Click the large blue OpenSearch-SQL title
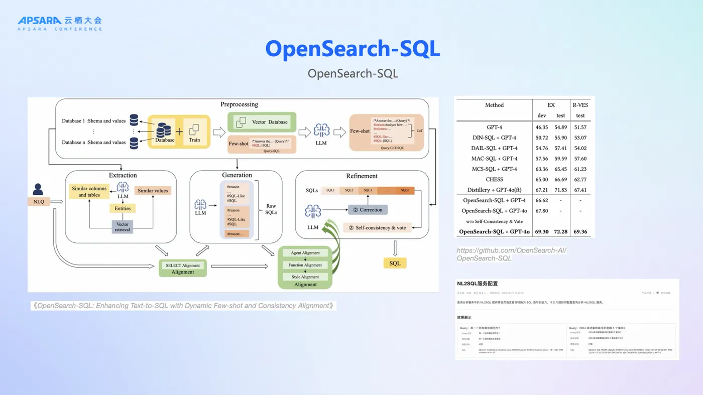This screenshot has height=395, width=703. (x=353, y=49)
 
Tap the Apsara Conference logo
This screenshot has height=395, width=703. (x=60, y=23)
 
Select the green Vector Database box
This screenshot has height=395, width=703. (x=262, y=121)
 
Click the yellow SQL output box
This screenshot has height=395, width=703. (x=395, y=263)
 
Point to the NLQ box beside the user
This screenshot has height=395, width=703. (x=39, y=202)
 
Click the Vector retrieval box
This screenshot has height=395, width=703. (x=123, y=227)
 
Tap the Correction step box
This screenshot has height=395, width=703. (x=368, y=209)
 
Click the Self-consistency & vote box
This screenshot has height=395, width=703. (x=377, y=227)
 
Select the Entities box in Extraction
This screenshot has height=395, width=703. (x=123, y=208)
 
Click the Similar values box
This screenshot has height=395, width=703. (x=153, y=191)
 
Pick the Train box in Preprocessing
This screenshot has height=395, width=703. (x=194, y=132)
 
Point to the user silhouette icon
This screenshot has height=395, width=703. (x=38, y=189)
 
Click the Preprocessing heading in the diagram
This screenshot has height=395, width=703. (x=239, y=104)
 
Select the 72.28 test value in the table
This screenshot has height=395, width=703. (x=560, y=232)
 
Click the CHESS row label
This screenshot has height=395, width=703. (x=494, y=179)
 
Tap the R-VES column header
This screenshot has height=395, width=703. (x=580, y=105)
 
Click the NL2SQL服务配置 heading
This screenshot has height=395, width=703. (x=477, y=284)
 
